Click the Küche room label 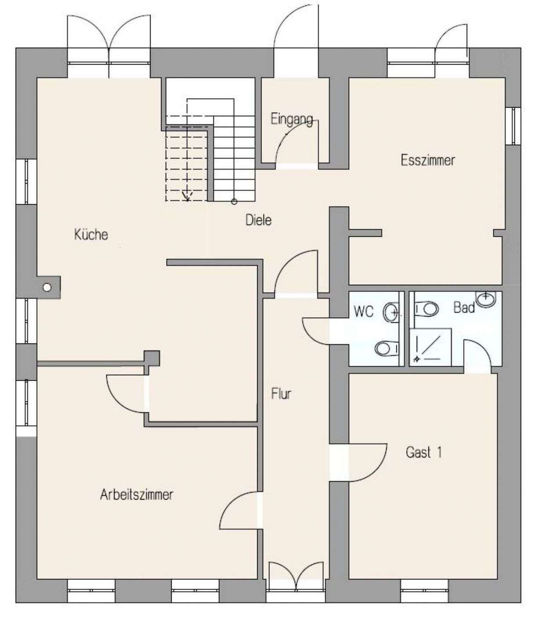[x=91, y=235]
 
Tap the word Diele [x=258, y=220]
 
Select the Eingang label [x=292, y=119]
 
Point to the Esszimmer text [x=428, y=160]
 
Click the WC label [x=364, y=312]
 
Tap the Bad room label [x=464, y=307]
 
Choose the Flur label [x=281, y=393]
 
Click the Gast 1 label [x=424, y=452]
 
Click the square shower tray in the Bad [x=430, y=347]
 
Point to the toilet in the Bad [x=426, y=309]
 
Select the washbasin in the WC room [x=391, y=313]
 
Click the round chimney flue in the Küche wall [x=47, y=287]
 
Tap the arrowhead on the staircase [x=187, y=196]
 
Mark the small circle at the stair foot [x=234, y=201]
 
